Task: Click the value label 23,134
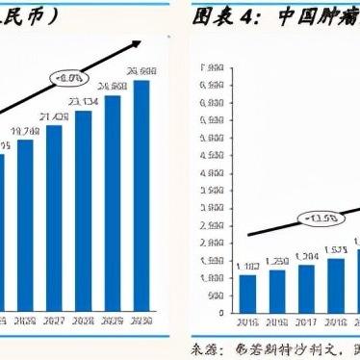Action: pos(83,102)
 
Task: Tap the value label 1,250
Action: pos(277,262)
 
